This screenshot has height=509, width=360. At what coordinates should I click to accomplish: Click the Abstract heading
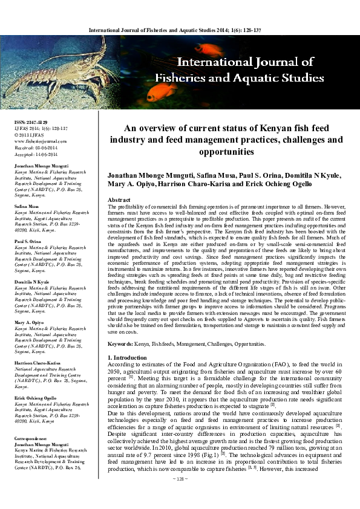tap(119, 199)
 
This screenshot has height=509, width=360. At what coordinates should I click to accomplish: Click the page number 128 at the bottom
tap(180, 495)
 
